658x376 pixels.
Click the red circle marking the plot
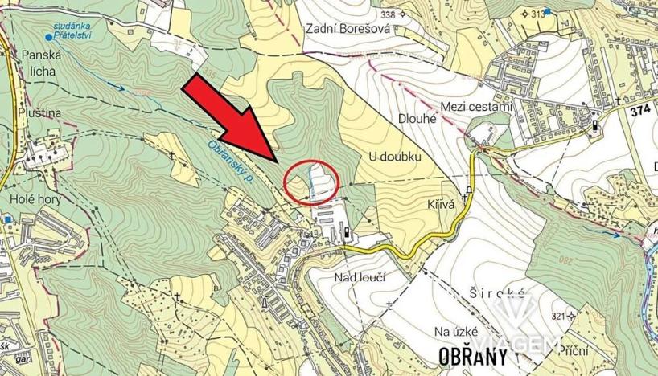click(312, 183)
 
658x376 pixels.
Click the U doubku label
click(396, 156)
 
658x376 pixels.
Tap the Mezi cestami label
click(477, 107)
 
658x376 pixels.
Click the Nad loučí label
click(359, 277)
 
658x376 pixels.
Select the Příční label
click(572, 350)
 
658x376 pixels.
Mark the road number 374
click(640, 110)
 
